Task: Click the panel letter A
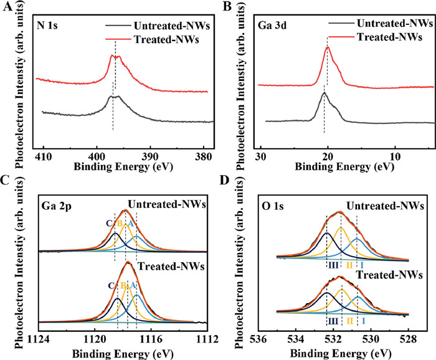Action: click(x=7, y=7)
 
